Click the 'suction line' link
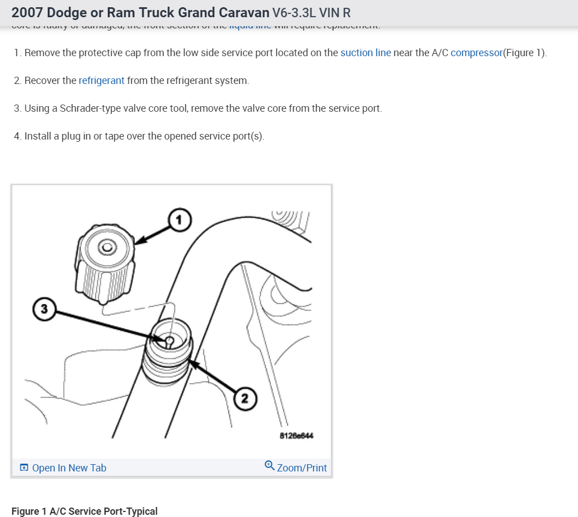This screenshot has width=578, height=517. coord(365,53)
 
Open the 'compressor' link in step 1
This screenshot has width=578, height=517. coord(476,53)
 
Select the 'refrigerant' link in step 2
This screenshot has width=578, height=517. coord(101,81)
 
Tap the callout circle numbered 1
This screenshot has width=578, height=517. coord(179,221)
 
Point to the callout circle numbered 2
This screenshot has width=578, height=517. coord(245,398)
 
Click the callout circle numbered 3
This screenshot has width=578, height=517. coord(45,308)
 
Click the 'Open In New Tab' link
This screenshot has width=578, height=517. coord(69,468)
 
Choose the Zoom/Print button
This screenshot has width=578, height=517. coord(302,468)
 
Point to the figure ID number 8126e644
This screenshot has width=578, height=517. coord(297,436)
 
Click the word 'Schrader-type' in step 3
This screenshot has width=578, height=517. coord(83,108)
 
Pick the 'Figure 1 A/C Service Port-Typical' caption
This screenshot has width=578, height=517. coord(85,511)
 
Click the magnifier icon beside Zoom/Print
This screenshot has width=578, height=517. coord(269,465)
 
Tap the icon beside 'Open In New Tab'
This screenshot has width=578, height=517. coord(24,468)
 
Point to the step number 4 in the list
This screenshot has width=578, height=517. coord(17,136)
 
